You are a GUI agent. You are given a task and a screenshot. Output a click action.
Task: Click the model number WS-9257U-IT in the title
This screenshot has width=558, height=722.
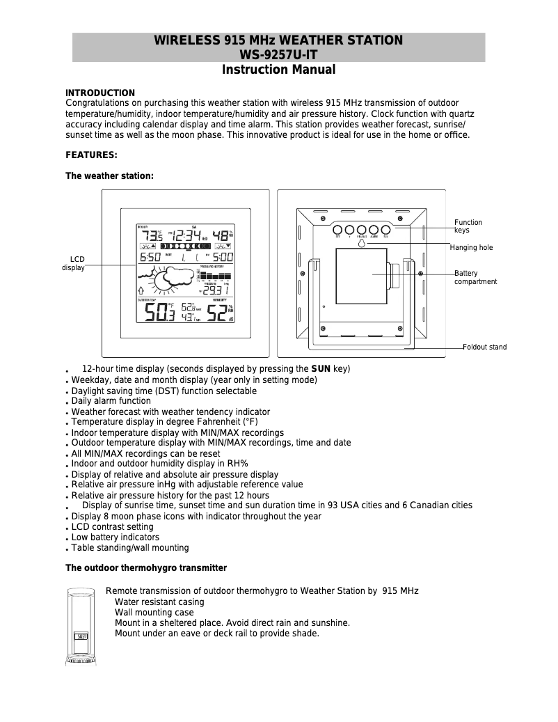coord(278,54)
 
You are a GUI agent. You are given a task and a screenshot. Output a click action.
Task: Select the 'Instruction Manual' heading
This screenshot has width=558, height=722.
coord(278,70)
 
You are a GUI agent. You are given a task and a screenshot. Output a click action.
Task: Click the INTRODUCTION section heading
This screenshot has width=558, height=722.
coord(100,93)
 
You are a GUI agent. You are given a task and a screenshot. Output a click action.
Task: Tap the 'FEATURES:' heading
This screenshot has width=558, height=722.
coord(91,155)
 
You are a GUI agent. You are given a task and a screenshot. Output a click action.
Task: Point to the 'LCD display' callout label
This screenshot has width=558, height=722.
coord(73,263)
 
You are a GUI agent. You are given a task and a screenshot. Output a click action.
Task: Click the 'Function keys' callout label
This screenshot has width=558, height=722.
coord(468,226)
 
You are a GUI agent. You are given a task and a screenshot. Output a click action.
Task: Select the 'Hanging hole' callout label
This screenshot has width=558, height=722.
coord(471,247)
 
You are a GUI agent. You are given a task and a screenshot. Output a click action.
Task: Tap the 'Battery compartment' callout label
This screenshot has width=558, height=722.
coord(475,278)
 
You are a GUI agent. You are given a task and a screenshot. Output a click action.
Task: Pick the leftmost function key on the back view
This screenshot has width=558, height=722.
coord(337,229)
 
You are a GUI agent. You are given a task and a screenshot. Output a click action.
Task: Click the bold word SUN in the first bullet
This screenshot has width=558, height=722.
coord(321,368)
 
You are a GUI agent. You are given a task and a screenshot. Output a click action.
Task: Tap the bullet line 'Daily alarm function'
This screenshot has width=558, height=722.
coord(111,401)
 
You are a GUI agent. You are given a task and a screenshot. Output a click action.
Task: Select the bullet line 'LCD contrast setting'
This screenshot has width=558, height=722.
coord(112,527)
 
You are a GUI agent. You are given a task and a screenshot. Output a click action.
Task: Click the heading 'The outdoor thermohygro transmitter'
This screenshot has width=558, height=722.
coord(146,568)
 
